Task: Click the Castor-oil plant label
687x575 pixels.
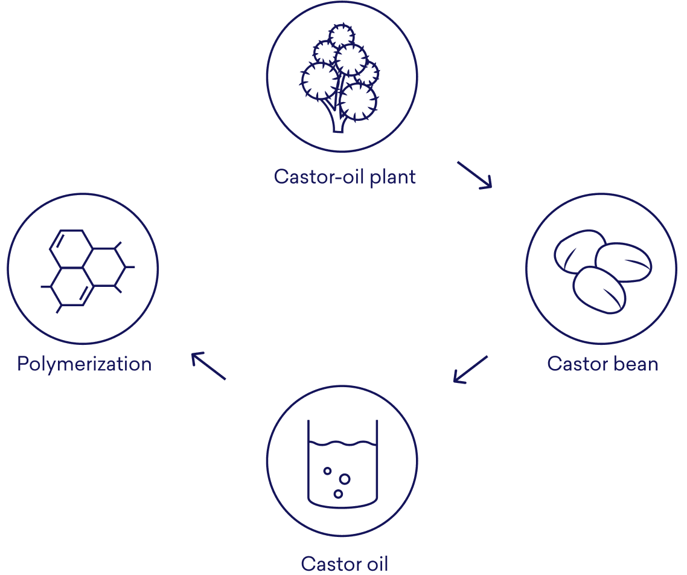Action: pyautogui.click(x=345, y=177)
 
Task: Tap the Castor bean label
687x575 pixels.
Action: pyautogui.click(x=602, y=364)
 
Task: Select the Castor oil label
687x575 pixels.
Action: pyautogui.click(x=344, y=564)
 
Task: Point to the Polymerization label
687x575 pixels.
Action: pyautogui.click(x=84, y=364)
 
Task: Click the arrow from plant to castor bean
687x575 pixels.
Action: pyautogui.click(x=475, y=175)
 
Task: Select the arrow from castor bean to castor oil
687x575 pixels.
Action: pyautogui.click(x=470, y=369)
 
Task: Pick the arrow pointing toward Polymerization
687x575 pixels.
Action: pyautogui.click(x=208, y=367)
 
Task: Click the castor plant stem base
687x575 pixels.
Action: pyautogui.click(x=337, y=124)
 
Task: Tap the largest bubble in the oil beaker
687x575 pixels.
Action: pyautogui.click(x=345, y=478)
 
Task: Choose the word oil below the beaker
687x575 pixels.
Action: pyautogui.click(x=375, y=564)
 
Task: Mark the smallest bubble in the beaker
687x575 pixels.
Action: pyautogui.click(x=327, y=471)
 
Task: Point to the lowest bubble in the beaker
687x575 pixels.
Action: pyautogui.click(x=338, y=493)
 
